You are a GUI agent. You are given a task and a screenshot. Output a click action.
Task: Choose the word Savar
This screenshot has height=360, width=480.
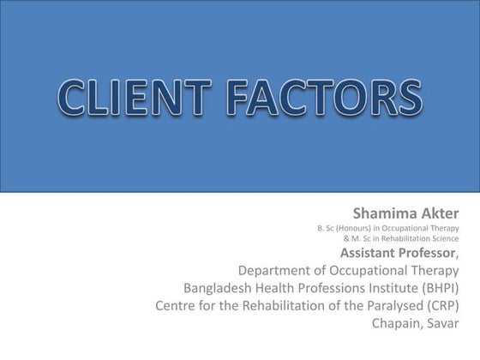point(443,323)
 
